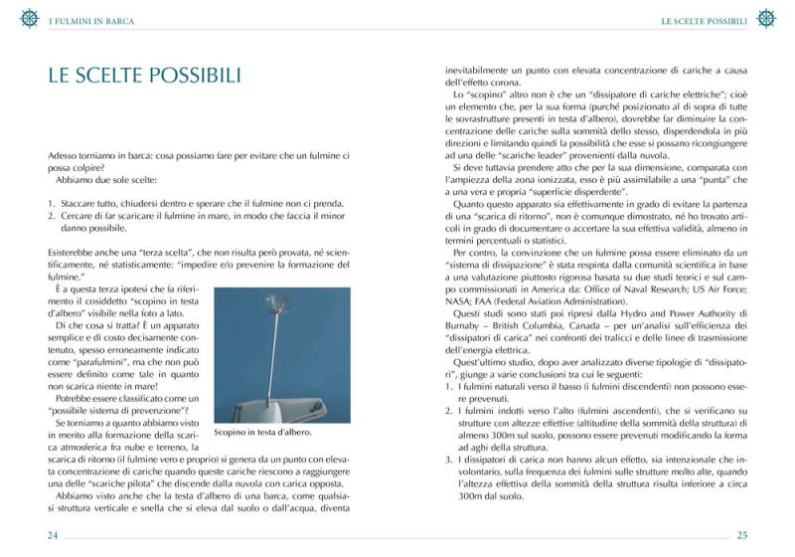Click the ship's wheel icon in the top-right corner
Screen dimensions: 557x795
point(766,18)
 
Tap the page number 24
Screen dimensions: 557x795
point(52,534)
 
